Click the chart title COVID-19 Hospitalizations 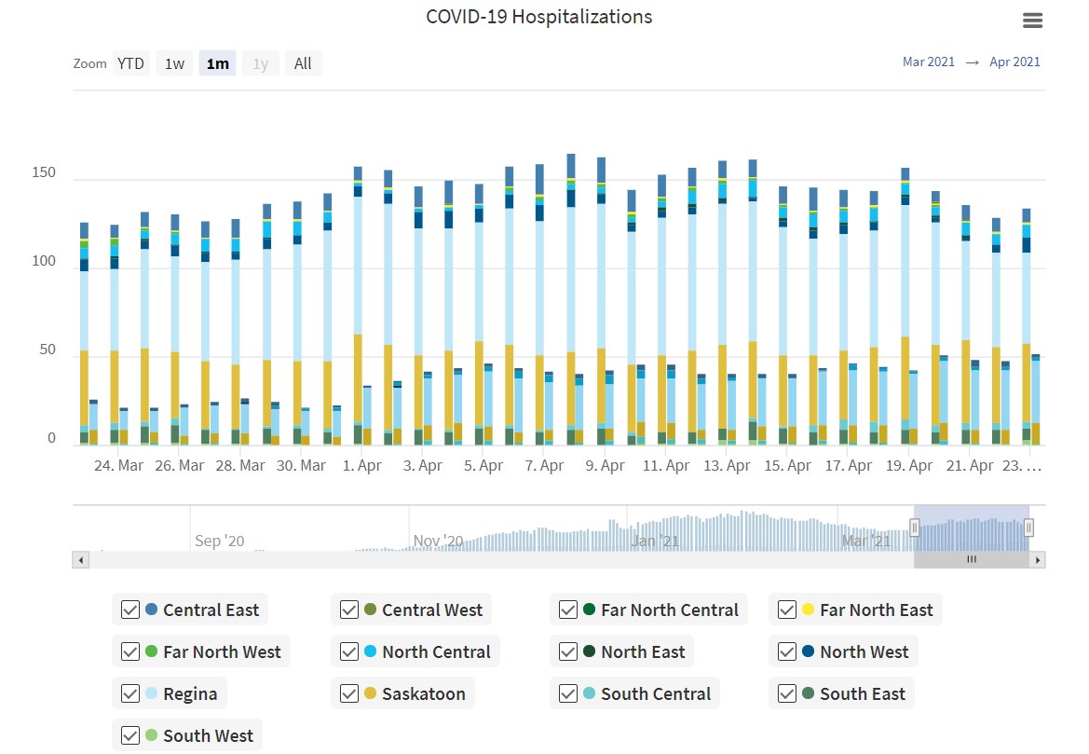(x=538, y=17)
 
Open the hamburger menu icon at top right (x=1032, y=21)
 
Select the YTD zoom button (x=130, y=63)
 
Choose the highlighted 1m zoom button (x=217, y=63)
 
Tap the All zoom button (x=303, y=63)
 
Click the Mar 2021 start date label (x=928, y=62)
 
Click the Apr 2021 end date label (x=1014, y=62)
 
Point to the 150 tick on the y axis (x=44, y=173)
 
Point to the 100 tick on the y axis (x=44, y=262)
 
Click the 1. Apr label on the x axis (x=362, y=465)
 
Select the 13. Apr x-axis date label (x=728, y=465)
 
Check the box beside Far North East (x=787, y=610)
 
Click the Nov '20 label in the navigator (x=438, y=541)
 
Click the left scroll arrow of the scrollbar (x=80, y=560)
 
